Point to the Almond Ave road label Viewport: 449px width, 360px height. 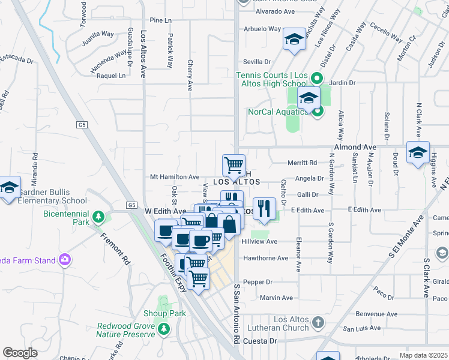pyautogui.click(x=355, y=147)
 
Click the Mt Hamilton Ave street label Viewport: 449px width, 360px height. pyautogui.click(x=174, y=177)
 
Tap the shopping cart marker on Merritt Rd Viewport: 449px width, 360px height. pyautogui.click(x=234, y=164)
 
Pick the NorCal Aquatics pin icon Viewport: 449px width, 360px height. pyautogui.click(x=318, y=111)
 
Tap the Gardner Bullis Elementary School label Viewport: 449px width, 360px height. pyautogui.click(x=53, y=196)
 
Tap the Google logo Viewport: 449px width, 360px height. pyautogui.click(x=20, y=352)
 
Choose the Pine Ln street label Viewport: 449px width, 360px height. pyautogui.click(x=160, y=20)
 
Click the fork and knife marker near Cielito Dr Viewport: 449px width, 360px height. pyautogui.click(x=264, y=208)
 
